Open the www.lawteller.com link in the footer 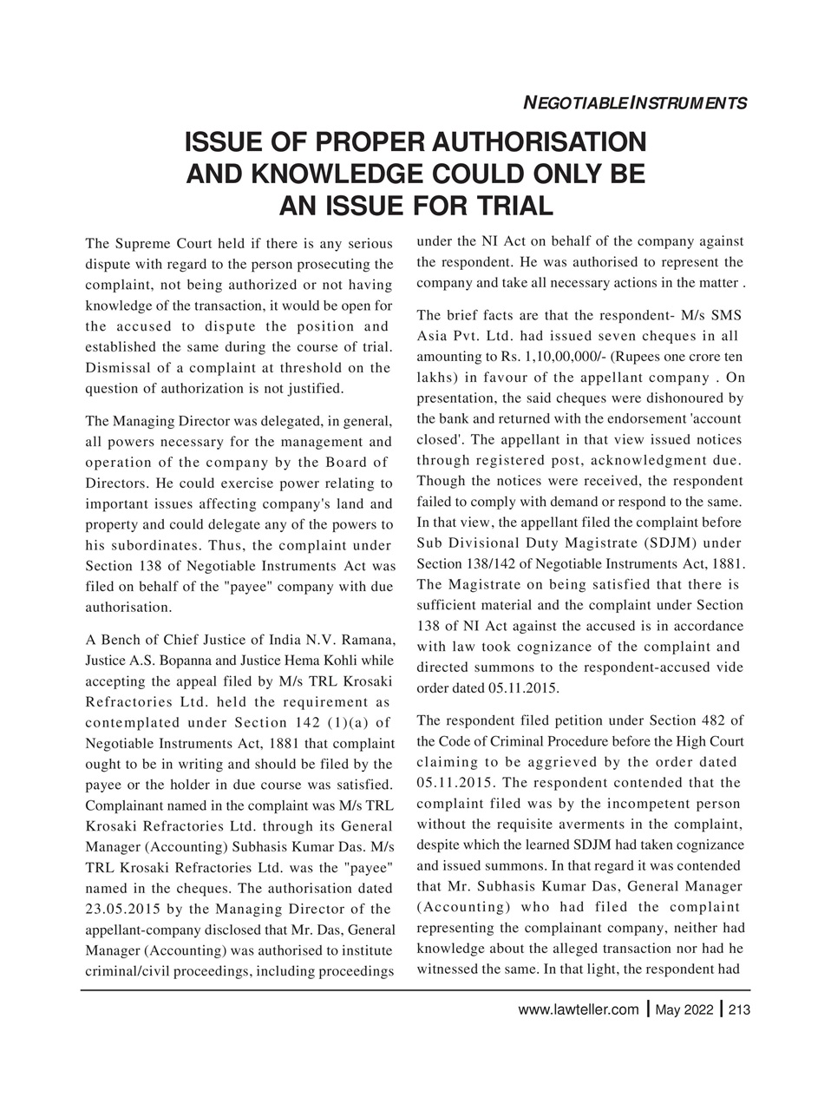pyautogui.click(x=577, y=1009)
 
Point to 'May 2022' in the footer pyautogui.click(x=684, y=1009)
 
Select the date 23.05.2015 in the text pyautogui.click(x=122, y=910)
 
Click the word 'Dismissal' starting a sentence pyautogui.click(x=116, y=368)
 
